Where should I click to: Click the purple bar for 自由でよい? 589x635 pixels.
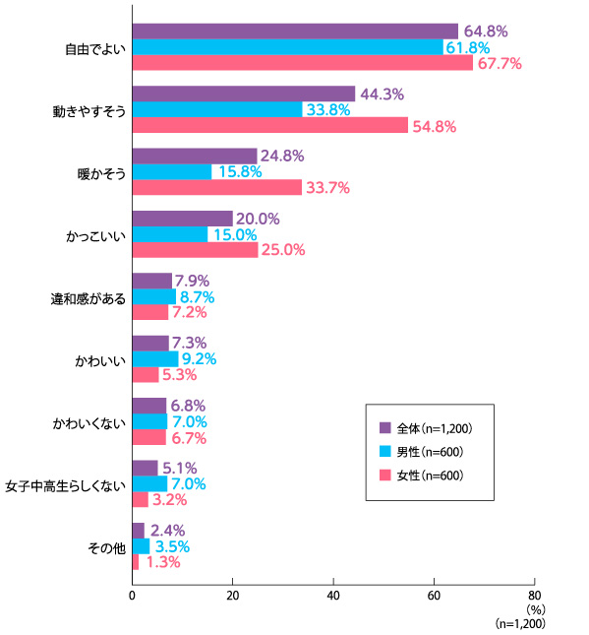pyautogui.click(x=295, y=32)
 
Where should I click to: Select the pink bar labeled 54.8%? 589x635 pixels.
pyautogui.click(x=270, y=125)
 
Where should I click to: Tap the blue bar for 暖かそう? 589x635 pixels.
pyautogui.click(x=172, y=171)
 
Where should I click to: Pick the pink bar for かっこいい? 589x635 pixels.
pyautogui.click(x=196, y=250)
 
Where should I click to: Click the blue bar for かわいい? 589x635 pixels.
pyautogui.click(x=155, y=358)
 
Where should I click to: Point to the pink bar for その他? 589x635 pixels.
pyautogui.click(x=136, y=562)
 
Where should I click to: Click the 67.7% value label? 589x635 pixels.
pyautogui.click(x=500, y=64)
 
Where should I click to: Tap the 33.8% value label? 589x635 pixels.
pyautogui.click(x=328, y=109)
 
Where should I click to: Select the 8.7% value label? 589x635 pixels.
pyautogui.click(x=197, y=297)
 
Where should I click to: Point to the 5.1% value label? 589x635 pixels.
pyautogui.click(x=180, y=469)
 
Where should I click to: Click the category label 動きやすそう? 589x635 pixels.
pyautogui.click(x=89, y=111)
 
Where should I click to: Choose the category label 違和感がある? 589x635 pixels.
pyautogui.click(x=88, y=299)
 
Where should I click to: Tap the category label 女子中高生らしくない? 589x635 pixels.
pyautogui.click(x=66, y=486)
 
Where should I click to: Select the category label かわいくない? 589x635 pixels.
pyautogui.click(x=89, y=423)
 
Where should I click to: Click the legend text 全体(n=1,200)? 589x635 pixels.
pyautogui.click(x=435, y=428)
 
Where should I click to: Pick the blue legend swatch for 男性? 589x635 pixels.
pyautogui.click(x=385, y=452)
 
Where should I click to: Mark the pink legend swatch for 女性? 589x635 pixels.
pyautogui.click(x=385, y=476)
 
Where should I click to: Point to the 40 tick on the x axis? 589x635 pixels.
pyautogui.click(x=333, y=597)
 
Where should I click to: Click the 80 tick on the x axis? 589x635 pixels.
pyautogui.click(x=534, y=597)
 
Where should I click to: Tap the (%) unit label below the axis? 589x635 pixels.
pyautogui.click(x=536, y=609)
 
